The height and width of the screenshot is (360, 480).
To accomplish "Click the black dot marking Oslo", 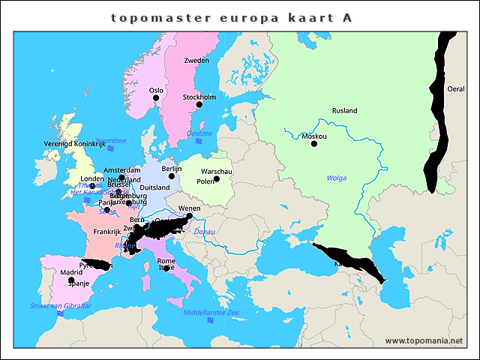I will (x=157, y=98).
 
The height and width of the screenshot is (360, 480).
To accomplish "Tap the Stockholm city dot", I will (x=199, y=104).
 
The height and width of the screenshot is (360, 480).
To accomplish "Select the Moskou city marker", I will (x=314, y=144).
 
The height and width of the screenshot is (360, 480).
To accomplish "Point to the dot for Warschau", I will (x=217, y=178).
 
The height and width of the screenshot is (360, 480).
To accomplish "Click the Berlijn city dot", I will (x=171, y=176).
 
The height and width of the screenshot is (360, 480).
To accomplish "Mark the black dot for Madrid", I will (x=71, y=280).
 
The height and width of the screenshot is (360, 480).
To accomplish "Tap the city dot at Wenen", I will (x=189, y=216).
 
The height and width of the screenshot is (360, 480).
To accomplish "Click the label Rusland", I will (x=344, y=111).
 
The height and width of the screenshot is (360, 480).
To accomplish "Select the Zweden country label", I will (x=196, y=60).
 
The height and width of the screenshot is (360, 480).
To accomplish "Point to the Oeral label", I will (x=456, y=88).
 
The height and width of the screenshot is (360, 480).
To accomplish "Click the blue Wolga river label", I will (x=337, y=178).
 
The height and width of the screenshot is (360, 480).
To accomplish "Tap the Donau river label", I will (x=205, y=232).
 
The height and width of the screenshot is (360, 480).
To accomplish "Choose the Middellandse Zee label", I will (x=211, y=311).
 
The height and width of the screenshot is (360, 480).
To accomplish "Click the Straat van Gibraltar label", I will (x=61, y=306).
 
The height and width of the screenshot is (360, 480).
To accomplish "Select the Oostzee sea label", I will (x=199, y=133).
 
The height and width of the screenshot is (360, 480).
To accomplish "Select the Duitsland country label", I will (x=155, y=187).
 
